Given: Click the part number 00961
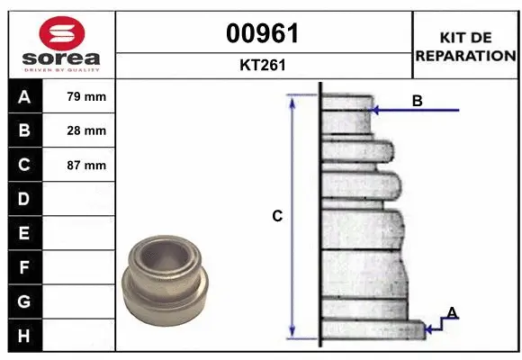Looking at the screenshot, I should tap(263, 33).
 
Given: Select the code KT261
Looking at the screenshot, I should tap(263, 65).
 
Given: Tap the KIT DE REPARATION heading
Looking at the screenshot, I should tap(464, 45).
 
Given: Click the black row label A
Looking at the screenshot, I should tap(24, 96).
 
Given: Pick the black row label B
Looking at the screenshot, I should tap(24, 130).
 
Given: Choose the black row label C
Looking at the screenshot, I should tap(24, 165).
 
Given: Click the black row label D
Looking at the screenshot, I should tap(24, 199).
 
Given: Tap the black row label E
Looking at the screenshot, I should tap(24, 233).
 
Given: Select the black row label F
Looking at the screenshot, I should tap(24, 267).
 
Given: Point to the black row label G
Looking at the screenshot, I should tap(24, 301).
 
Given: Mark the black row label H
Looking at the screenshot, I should tap(24, 336).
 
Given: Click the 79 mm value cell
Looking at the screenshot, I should tap(80, 96).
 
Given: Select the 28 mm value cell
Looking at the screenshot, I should tap(80, 130).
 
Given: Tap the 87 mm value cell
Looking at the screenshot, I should tap(80, 165).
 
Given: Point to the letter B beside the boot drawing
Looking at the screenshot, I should tap(417, 102).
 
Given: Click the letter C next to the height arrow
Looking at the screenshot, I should tap(278, 216).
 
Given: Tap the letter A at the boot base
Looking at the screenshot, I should tap(453, 313).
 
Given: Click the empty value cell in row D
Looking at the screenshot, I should tap(80, 199).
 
